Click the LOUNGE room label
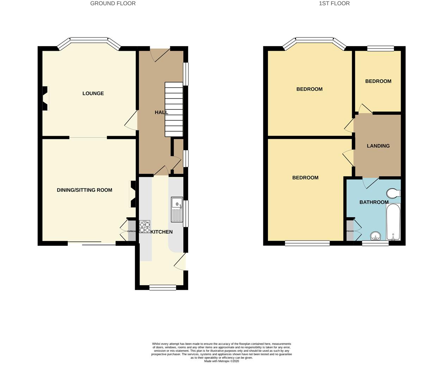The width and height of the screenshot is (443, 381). [93, 93]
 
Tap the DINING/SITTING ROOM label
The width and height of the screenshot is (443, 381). [85, 190]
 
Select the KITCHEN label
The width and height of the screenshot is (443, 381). [161, 232]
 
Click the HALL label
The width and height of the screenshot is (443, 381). [161, 113]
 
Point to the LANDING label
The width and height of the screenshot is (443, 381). [378, 146]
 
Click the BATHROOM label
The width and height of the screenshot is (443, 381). [374, 202]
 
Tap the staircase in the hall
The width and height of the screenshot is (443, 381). [174, 109]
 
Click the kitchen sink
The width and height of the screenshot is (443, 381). [177, 209]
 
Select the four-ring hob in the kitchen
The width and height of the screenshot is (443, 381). [145, 226]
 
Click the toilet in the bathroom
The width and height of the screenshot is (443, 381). [394, 193]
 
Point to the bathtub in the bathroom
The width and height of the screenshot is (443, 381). [393, 222]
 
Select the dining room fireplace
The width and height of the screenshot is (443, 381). [133, 194]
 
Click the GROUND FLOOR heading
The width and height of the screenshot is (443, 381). [113, 4]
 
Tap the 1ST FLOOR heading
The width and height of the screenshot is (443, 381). [334, 4]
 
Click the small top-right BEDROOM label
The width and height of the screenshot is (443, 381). [378, 81]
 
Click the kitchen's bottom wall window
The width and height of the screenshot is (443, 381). [162, 288]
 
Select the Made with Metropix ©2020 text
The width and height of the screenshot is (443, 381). [222, 361]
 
